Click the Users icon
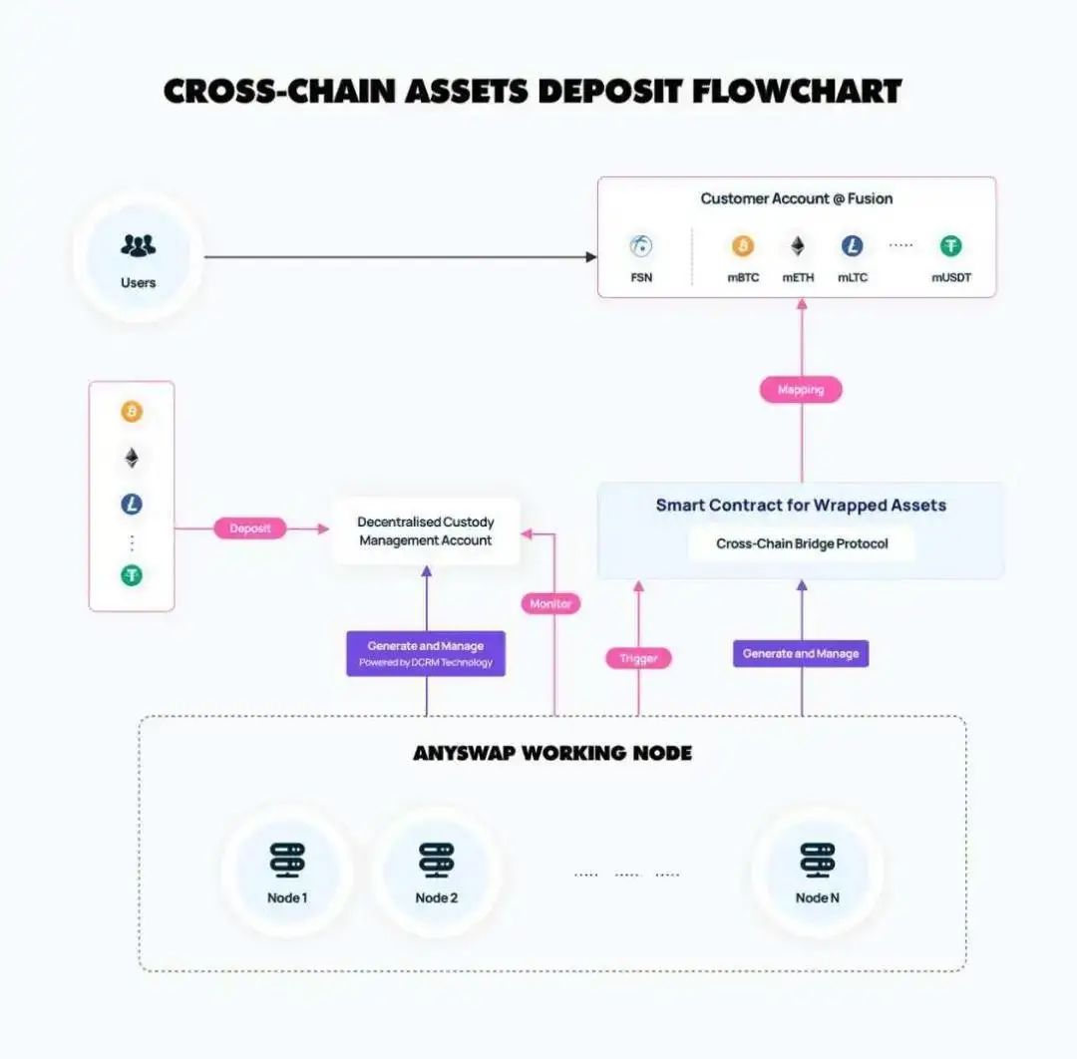tap(138, 244)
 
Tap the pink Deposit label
tap(250, 529)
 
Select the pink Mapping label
tap(801, 389)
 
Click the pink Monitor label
tap(550, 603)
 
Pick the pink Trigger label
tap(638, 658)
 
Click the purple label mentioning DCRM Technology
tap(426, 654)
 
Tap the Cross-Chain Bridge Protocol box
tap(801, 543)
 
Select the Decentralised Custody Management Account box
tap(426, 530)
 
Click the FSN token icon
tap(641, 246)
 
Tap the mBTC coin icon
tap(743, 246)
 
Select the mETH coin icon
tap(798, 246)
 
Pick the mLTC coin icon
tap(852, 246)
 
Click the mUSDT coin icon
tap(950, 246)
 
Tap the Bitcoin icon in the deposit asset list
tap(132, 412)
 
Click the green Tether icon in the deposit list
tap(132, 575)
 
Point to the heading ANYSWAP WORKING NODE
tap(551, 753)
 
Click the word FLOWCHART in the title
tap(796, 92)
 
